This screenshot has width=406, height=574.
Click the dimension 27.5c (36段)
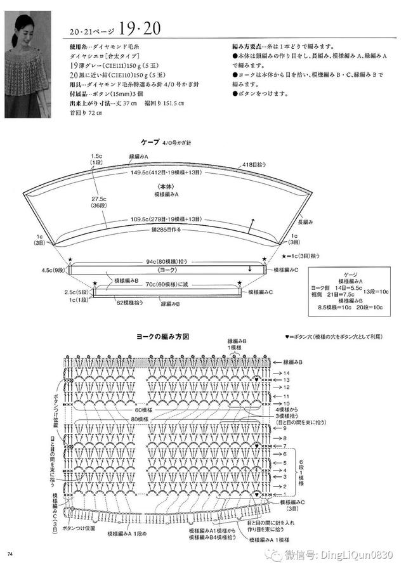(x=98, y=201)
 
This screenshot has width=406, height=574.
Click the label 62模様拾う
(x=129, y=304)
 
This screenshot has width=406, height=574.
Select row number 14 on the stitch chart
(x=286, y=373)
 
